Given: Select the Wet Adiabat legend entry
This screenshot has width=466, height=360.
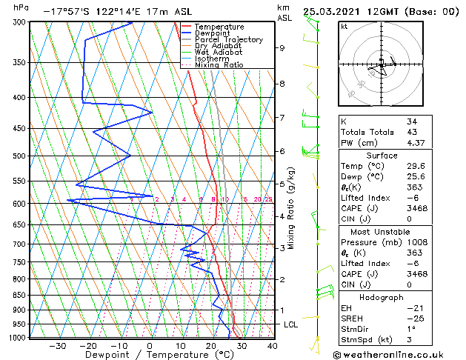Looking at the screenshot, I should pyautogui.click(x=218, y=52).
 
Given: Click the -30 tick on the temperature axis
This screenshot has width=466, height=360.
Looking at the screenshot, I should pyautogui.click(x=57, y=345).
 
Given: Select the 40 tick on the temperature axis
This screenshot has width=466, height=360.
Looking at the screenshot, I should pyautogui.click(x=273, y=345).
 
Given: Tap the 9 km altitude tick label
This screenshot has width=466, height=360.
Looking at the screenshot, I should pyautogui.click(x=282, y=48).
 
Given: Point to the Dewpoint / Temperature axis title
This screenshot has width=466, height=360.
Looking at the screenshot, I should pyautogui.click(x=149, y=355).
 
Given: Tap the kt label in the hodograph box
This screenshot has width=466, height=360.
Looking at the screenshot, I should pyautogui.click(x=344, y=26).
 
